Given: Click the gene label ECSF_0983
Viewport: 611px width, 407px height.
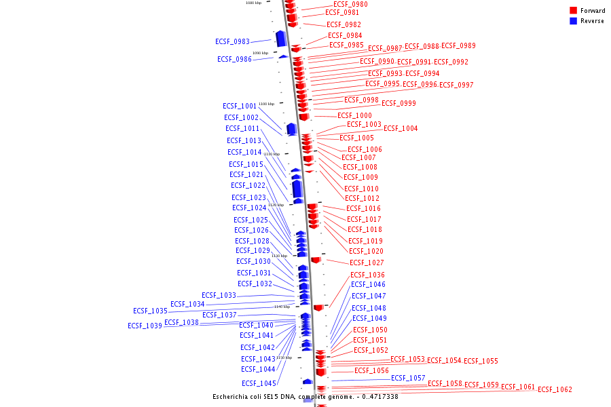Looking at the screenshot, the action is (232, 41).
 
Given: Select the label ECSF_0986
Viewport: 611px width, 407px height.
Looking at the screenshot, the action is (234, 59).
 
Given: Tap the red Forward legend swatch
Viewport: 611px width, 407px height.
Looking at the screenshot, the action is (573, 11).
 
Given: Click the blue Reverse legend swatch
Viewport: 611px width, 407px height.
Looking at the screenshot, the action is (573, 21).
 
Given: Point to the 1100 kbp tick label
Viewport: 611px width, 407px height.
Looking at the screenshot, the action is (266, 104).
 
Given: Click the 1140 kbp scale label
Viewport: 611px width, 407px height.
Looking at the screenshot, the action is (282, 307).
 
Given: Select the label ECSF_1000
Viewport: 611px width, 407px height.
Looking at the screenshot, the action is (354, 115).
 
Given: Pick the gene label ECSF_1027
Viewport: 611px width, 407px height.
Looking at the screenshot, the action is (367, 263).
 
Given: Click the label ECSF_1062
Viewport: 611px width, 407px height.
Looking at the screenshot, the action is (555, 389).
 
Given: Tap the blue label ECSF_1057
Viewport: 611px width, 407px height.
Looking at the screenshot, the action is (408, 378).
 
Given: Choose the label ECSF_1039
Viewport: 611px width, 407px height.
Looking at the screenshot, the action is (145, 326).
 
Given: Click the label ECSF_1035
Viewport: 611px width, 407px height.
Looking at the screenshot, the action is (150, 311).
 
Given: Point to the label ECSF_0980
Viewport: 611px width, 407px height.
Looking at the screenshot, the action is (350, 4).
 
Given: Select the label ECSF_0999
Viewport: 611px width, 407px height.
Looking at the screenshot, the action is (399, 103).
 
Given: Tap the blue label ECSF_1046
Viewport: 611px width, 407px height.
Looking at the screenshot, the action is (368, 284).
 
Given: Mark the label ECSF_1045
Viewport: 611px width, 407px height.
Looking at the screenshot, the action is (258, 383).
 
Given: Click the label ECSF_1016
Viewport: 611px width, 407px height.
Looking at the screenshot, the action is (363, 208).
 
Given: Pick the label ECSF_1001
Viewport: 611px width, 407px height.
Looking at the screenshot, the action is (240, 106).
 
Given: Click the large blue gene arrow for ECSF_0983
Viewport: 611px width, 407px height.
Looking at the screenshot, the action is (280, 39).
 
